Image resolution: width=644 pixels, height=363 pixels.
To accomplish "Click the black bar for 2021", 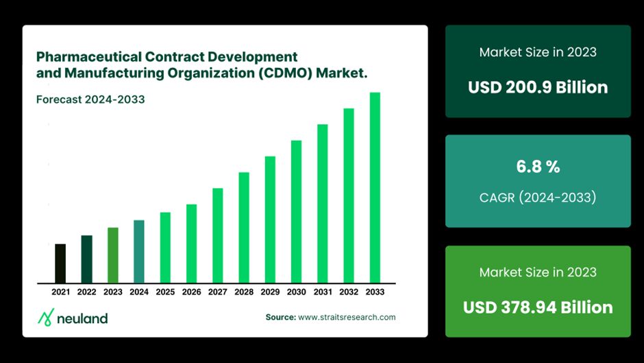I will (x=60, y=264).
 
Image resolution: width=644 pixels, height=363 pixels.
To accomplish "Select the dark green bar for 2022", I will (x=86, y=259).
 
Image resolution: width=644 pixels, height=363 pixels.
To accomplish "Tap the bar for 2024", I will (x=139, y=252).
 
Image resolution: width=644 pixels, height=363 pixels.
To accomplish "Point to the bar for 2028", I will (x=244, y=227).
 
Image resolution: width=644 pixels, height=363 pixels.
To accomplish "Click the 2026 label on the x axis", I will (x=192, y=292).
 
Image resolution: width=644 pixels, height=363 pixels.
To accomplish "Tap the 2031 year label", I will (x=323, y=292).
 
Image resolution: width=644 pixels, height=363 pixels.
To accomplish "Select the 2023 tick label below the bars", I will (x=113, y=292).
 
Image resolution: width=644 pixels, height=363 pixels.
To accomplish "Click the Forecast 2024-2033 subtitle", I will (x=90, y=99).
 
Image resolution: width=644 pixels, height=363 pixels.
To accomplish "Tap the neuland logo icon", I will (x=45, y=317).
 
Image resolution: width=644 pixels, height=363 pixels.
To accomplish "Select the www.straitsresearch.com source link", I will (x=347, y=317).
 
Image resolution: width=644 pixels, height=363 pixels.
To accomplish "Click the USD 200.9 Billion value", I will (x=538, y=88).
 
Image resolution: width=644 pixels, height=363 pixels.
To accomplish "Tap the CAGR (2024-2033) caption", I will (x=538, y=198).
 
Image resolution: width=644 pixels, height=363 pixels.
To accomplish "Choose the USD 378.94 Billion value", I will (x=538, y=307).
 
